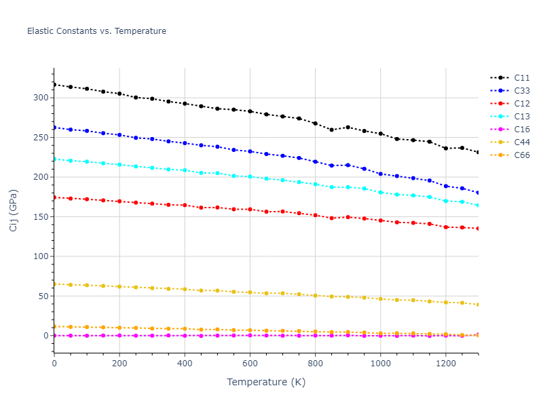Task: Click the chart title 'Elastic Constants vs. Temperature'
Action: click(x=96, y=31)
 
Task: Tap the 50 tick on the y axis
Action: click(x=43, y=296)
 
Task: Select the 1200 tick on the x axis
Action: click(x=445, y=364)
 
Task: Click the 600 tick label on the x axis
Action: click(x=250, y=364)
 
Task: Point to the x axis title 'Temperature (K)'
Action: click(x=266, y=383)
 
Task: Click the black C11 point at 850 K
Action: click(x=331, y=130)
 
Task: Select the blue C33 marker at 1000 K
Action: click(x=380, y=174)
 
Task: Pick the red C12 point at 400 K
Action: click(x=185, y=205)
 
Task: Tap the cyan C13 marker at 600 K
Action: click(x=250, y=176)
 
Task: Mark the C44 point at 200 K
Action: click(x=119, y=286)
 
